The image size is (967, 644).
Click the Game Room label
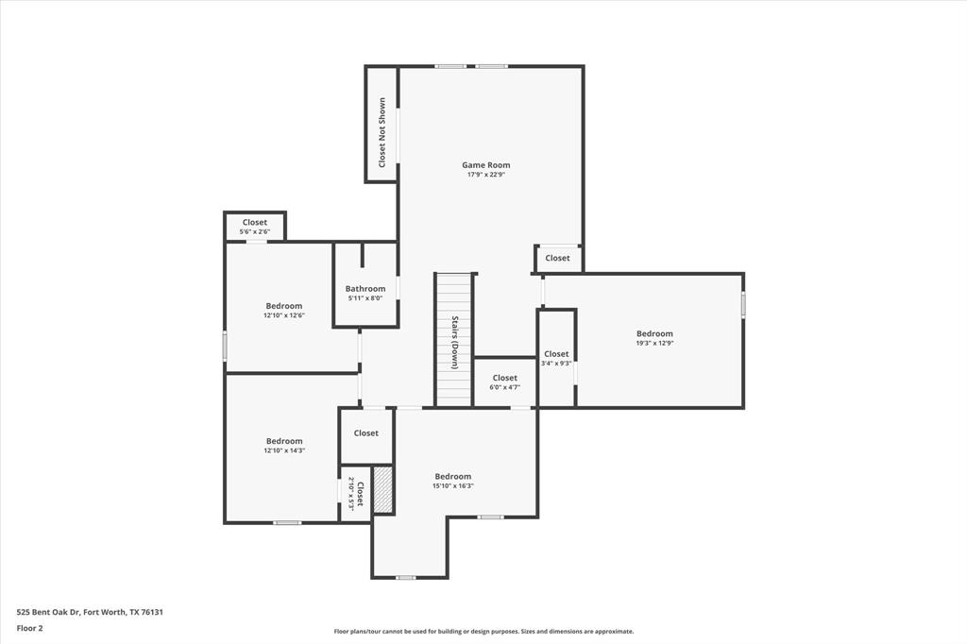point(485,165)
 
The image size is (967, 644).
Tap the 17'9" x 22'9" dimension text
point(485,175)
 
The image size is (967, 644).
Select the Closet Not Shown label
point(382,132)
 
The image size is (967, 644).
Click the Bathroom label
point(365,289)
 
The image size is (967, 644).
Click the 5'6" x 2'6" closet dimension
point(255,232)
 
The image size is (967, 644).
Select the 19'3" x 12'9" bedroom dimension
point(654,344)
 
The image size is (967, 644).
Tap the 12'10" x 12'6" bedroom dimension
point(283,315)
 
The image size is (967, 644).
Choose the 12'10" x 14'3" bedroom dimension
point(283,451)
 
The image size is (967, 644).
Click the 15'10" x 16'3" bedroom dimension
point(452,486)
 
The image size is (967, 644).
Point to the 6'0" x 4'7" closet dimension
point(504,387)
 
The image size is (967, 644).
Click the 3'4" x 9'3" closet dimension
point(556,364)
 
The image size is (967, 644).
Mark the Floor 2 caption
point(29,627)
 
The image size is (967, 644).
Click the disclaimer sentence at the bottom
point(483,632)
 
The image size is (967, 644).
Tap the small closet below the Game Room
point(557,258)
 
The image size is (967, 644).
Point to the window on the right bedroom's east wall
point(743,305)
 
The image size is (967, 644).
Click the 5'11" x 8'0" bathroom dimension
point(365,298)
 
